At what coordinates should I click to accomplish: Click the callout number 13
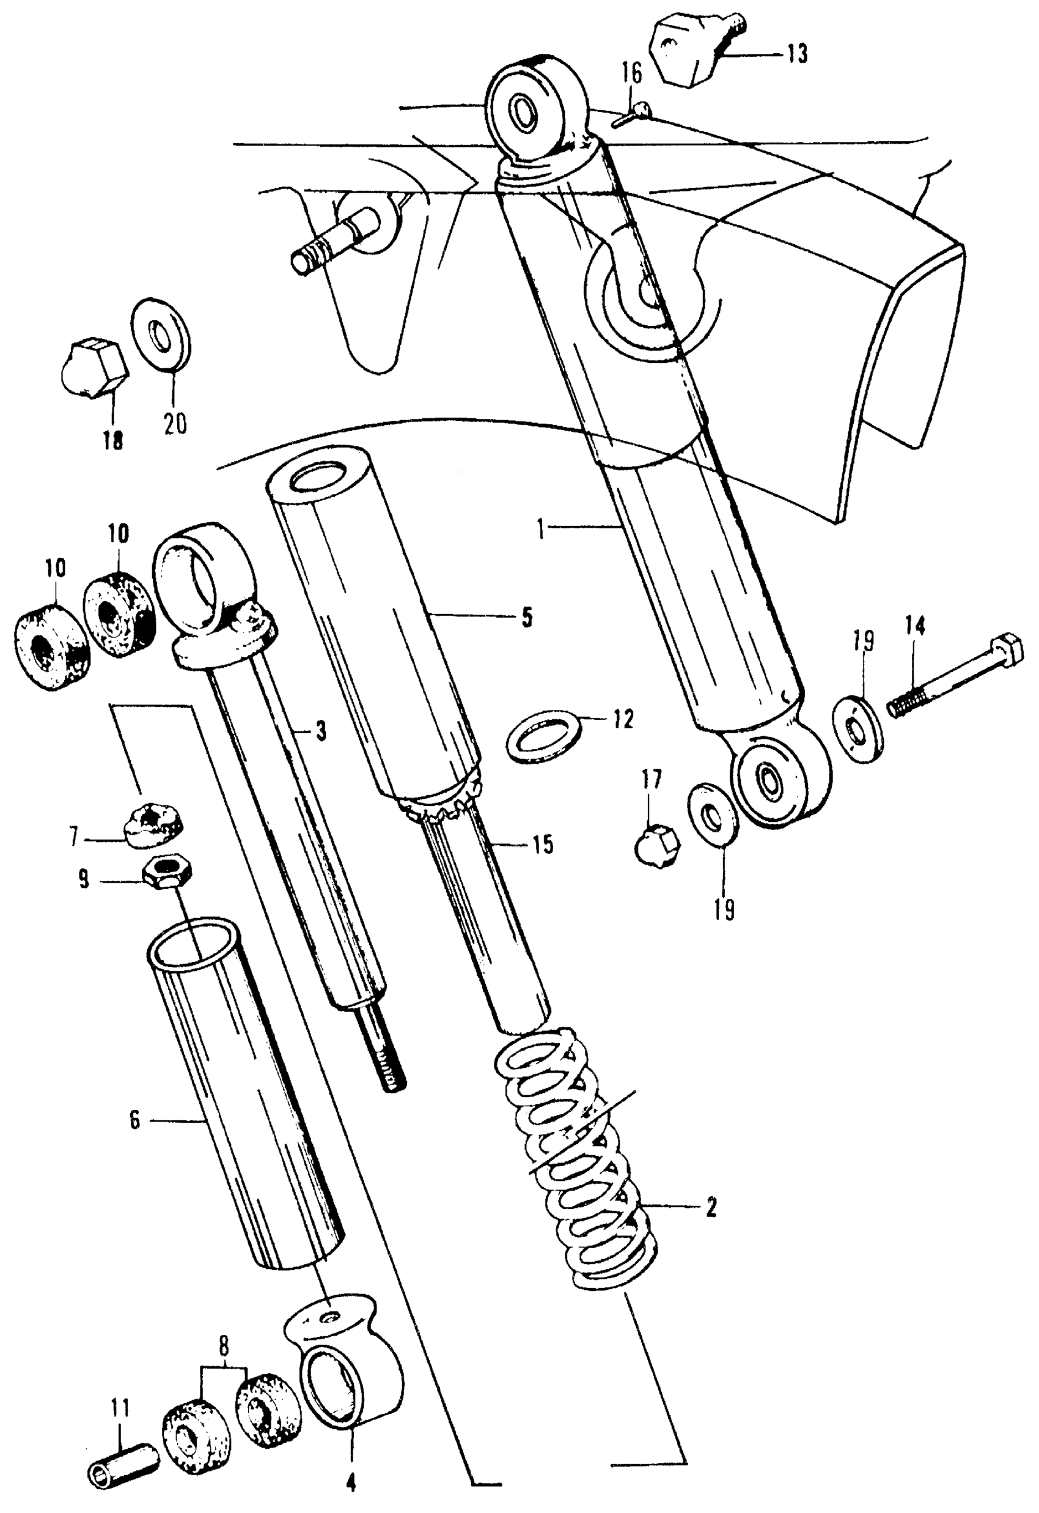tap(796, 54)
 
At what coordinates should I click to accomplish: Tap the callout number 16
tap(631, 73)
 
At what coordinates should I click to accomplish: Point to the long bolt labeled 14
tap(950, 677)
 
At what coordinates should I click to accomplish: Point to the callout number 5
tap(527, 616)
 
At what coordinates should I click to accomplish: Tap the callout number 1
tap(540, 527)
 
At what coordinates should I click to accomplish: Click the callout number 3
tap(320, 732)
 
